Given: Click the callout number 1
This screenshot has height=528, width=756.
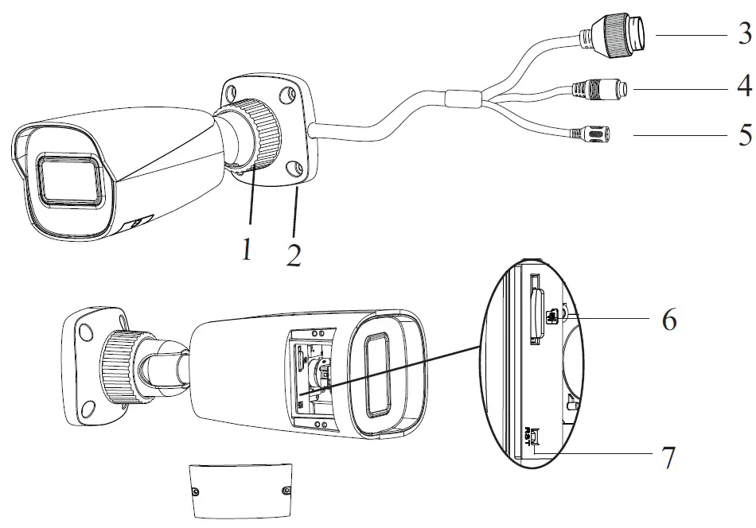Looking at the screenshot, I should pos(247,251).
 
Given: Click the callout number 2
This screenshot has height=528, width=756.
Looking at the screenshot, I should pos(293,254).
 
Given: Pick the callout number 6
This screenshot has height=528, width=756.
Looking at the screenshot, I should pos(668,320).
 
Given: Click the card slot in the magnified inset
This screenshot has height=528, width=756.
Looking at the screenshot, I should pos(537,315).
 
